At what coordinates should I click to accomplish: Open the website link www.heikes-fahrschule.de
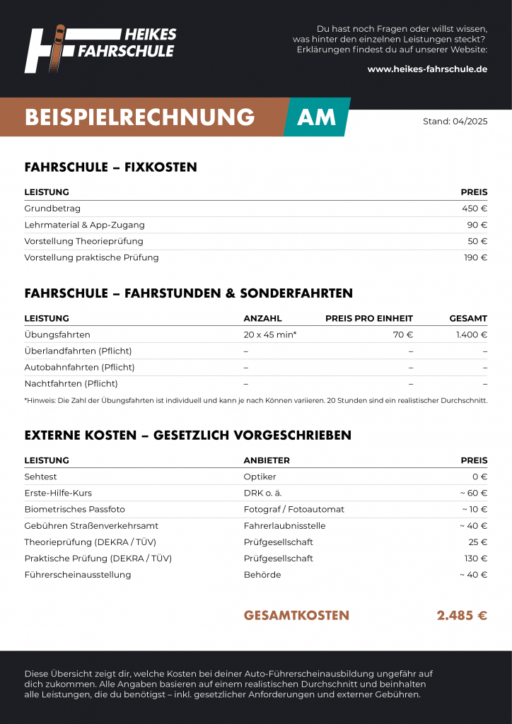pos(427,69)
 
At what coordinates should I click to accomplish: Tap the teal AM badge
pos(317,117)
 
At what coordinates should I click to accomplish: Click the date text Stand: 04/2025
pos(455,121)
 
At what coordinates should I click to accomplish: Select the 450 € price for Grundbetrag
pos(475,209)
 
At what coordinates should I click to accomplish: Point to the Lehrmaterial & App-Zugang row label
pos(84,225)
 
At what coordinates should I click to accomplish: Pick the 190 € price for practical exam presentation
pos(475,257)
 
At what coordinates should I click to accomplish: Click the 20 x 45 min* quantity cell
pos(270,334)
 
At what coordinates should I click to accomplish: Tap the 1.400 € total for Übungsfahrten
pos(471,334)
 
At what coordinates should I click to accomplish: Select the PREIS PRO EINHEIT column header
pos(368,318)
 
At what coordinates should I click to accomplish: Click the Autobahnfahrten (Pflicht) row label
pos(79,367)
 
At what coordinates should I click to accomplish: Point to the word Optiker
pos(260,477)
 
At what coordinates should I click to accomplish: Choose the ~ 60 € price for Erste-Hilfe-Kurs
pos(473,493)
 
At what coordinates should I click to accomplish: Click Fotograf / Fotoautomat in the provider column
pos(293,509)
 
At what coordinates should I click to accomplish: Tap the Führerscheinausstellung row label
pos(78,574)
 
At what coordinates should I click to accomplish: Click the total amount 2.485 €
pos(462,615)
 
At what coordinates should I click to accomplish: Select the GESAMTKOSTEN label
pos(296,615)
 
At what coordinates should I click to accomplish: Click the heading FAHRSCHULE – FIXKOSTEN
pos(110,168)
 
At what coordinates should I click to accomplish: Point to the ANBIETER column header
pos(267,460)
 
